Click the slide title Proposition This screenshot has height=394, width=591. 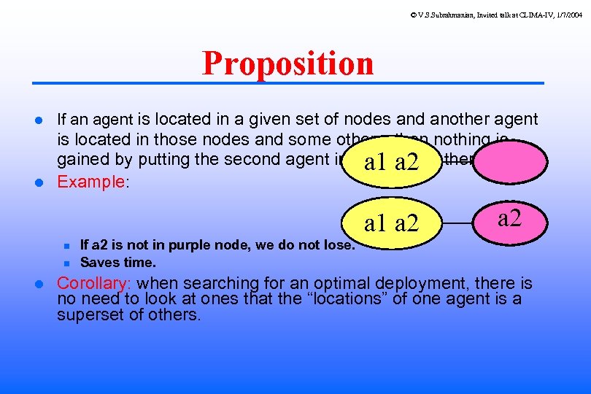287,63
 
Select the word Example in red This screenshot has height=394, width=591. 91,182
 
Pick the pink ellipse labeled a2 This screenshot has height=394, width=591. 509,217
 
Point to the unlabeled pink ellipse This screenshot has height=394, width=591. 509,161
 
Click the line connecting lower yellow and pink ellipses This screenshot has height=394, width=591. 459,223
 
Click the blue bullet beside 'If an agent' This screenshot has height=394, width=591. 42,120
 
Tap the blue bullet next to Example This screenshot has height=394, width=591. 42,182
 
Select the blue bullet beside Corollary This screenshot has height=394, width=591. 42,284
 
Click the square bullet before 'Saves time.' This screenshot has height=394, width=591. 65,263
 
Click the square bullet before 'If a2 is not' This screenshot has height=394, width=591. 65,246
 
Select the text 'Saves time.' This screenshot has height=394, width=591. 117,262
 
